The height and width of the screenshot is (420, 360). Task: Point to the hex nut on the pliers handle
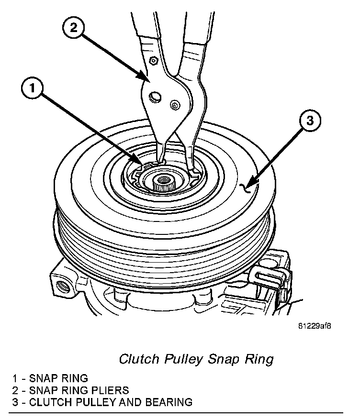click(x=154, y=60)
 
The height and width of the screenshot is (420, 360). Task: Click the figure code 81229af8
click(x=315, y=326)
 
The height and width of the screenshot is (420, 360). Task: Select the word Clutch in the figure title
click(x=134, y=359)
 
